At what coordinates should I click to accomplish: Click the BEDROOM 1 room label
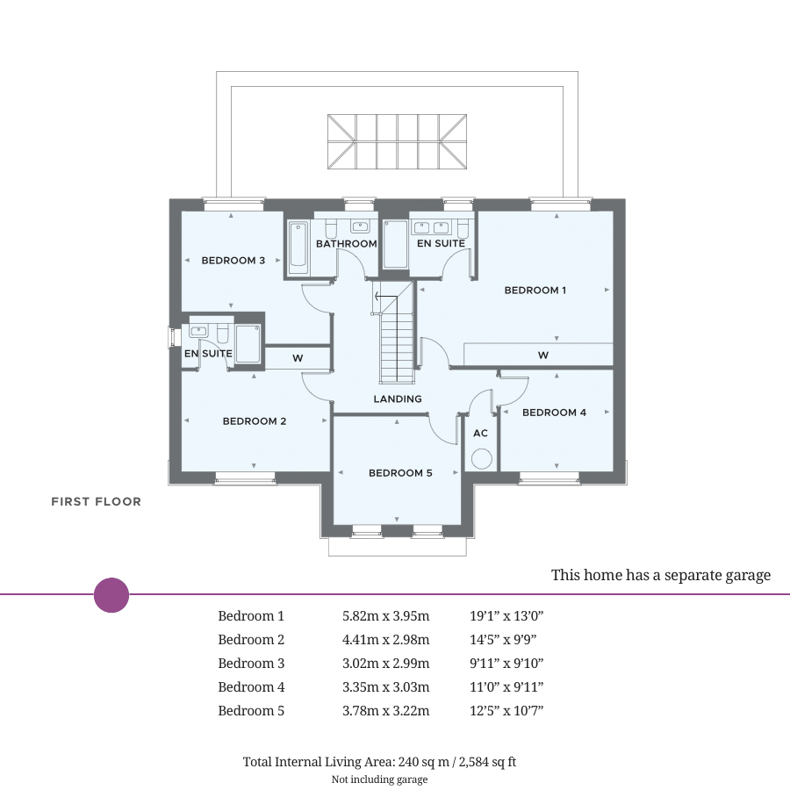(x=535, y=291)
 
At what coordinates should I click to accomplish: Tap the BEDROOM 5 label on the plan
(x=400, y=473)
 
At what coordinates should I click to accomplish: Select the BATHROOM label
(x=347, y=244)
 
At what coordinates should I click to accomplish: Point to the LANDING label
(x=398, y=399)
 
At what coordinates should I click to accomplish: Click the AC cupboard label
(x=480, y=434)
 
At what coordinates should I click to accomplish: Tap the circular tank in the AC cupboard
(x=481, y=458)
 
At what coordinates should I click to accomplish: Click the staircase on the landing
(x=396, y=338)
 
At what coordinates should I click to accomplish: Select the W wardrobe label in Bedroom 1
(x=543, y=355)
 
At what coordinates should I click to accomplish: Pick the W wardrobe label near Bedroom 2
(x=298, y=358)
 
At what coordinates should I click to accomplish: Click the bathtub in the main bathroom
(x=298, y=246)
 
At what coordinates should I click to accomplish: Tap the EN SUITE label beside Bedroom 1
(x=441, y=244)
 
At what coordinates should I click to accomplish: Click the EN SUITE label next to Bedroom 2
(x=208, y=354)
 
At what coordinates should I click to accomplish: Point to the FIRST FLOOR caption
(x=96, y=502)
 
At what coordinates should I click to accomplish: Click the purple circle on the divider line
(x=111, y=595)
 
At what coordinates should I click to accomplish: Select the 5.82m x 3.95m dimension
(x=385, y=616)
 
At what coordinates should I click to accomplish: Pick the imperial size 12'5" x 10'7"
(x=506, y=711)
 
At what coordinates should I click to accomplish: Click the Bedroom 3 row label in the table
(x=251, y=664)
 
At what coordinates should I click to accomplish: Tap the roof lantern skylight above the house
(x=397, y=141)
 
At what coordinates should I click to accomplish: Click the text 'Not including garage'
(x=379, y=779)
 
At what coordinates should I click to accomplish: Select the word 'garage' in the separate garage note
(x=745, y=576)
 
